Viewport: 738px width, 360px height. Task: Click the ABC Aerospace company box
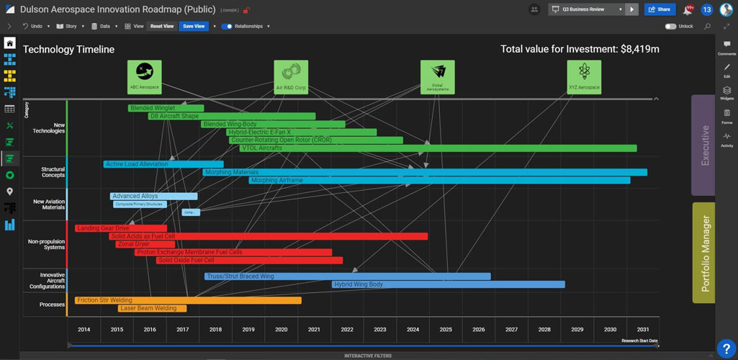coord(144,77)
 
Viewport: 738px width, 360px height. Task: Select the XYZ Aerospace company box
coord(584,77)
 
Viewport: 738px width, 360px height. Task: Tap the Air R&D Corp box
coord(291,77)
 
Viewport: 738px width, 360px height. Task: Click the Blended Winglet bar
coord(166,108)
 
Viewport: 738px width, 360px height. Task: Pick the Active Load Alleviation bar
coord(163,164)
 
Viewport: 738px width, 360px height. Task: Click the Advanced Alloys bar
coord(153,196)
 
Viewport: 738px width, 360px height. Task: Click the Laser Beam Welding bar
coord(152,308)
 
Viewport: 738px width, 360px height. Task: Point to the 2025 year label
coord(446,330)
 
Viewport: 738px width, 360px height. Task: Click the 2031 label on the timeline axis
coord(642,330)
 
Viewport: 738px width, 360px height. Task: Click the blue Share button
coord(660,9)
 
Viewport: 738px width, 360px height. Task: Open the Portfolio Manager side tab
coord(703,253)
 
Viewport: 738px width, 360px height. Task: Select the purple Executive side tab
coord(703,145)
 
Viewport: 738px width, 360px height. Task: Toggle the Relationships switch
coord(227,26)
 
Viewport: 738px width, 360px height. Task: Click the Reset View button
coord(162,26)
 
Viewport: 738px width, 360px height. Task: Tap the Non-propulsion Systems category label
coord(46,244)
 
